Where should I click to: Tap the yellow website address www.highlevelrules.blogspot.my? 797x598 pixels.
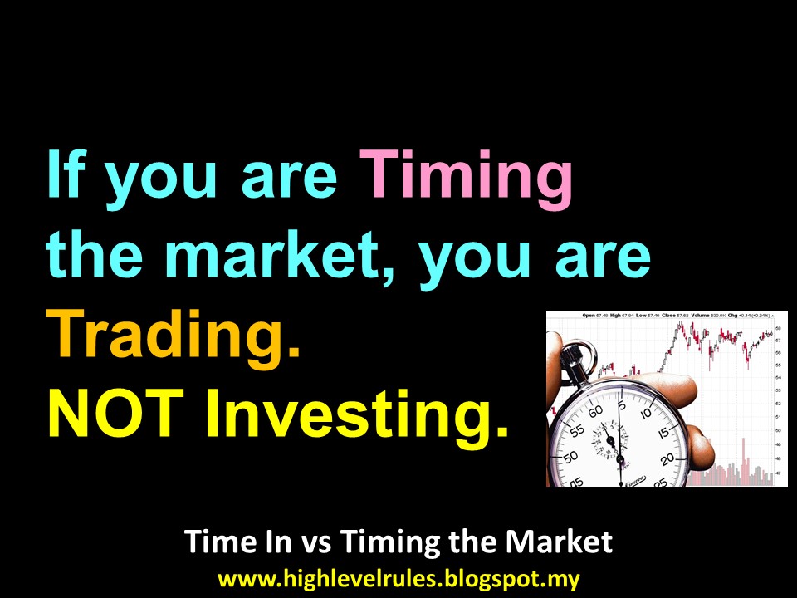tap(398, 578)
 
